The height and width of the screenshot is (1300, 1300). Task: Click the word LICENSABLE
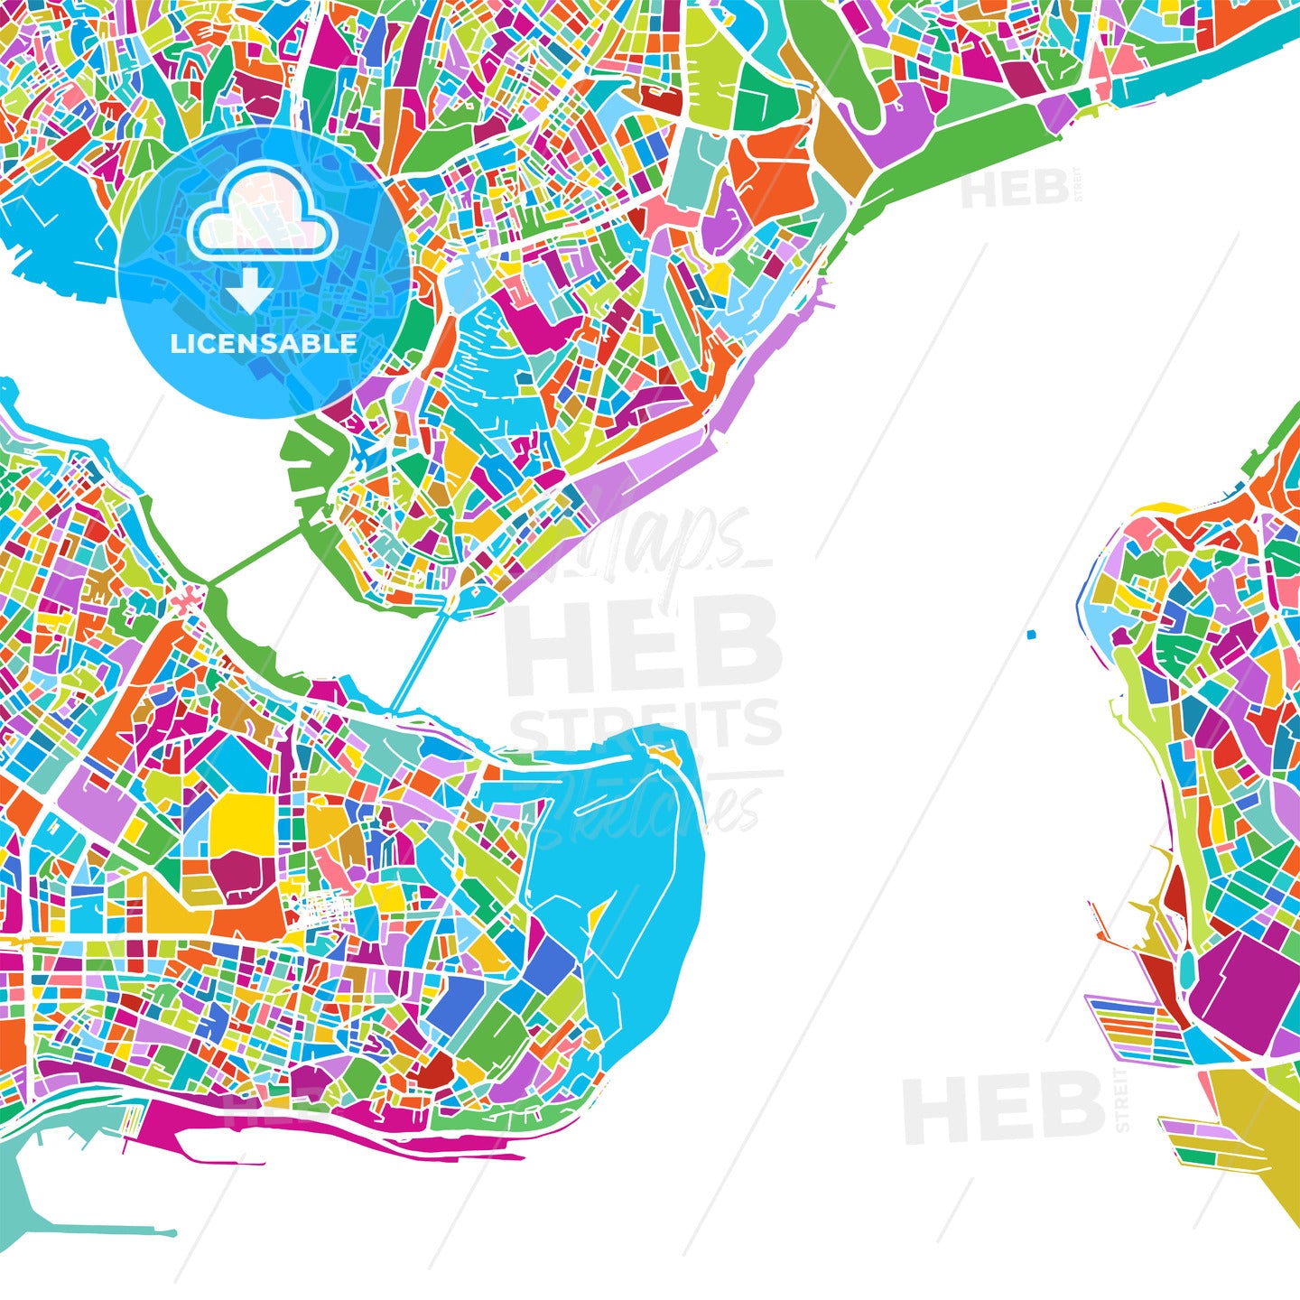click(263, 343)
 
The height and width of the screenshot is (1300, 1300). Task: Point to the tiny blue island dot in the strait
click(1031, 635)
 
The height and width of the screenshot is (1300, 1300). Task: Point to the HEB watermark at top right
click(1016, 190)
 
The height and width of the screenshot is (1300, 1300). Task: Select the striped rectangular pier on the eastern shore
click(1133, 1029)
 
